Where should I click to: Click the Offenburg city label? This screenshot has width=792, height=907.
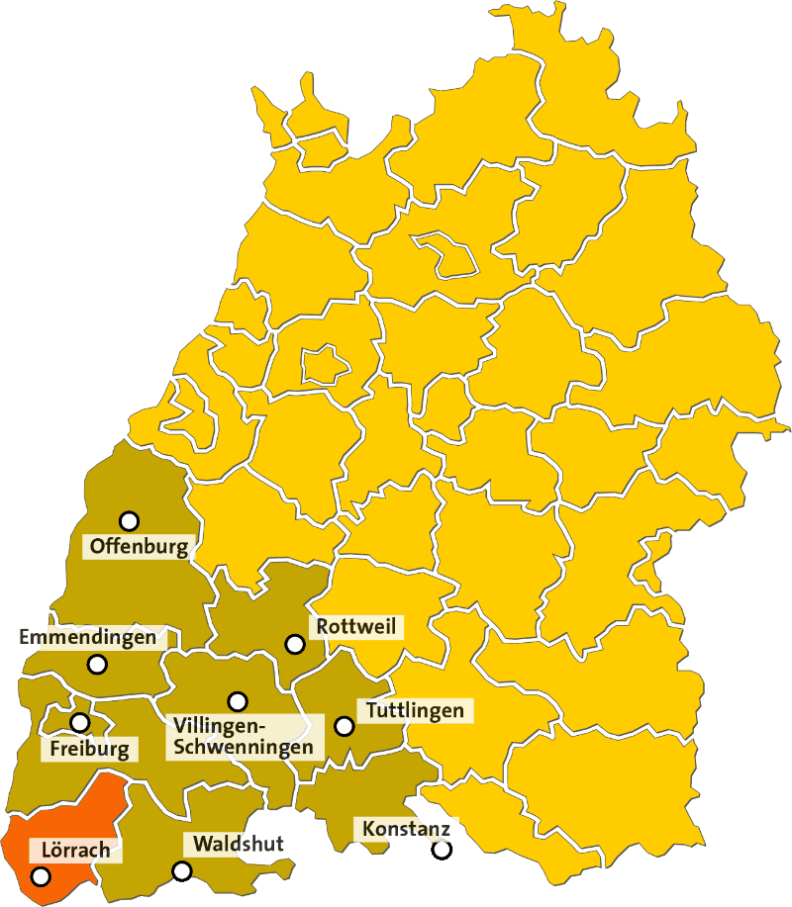(x=139, y=546)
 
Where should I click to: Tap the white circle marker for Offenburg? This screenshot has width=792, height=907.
(x=129, y=521)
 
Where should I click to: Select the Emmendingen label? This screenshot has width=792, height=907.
(x=88, y=637)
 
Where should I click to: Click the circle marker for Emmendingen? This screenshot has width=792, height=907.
(x=97, y=665)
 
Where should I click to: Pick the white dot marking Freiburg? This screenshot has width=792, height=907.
(x=79, y=723)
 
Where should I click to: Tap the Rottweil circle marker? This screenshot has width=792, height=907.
(x=294, y=644)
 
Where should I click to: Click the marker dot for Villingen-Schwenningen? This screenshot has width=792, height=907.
(x=238, y=701)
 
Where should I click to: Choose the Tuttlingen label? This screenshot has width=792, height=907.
(x=415, y=710)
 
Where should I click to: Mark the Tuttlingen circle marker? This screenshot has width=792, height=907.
(x=345, y=726)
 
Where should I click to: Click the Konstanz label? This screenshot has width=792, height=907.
(x=407, y=828)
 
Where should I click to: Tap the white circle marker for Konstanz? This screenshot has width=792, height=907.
(x=442, y=850)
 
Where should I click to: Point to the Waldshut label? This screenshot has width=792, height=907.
(x=239, y=844)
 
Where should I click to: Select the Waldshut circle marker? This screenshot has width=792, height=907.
(x=182, y=871)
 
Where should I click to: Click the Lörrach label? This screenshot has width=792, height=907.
(x=76, y=850)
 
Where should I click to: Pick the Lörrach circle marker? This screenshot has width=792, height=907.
(x=41, y=876)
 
